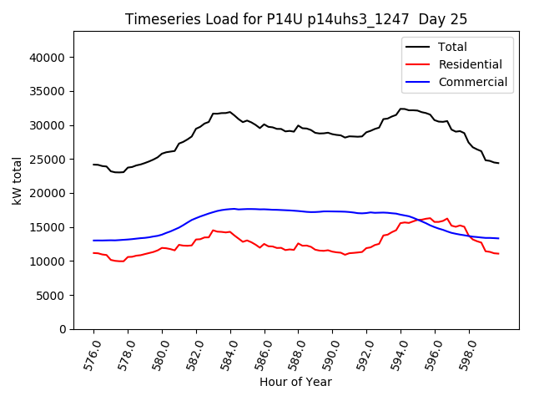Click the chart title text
coord(296,19)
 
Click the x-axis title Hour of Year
coord(295,382)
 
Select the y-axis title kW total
coord(18,180)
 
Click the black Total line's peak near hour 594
coord(402,109)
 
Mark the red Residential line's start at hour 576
coord(93,253)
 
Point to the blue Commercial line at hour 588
coord(298,211)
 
